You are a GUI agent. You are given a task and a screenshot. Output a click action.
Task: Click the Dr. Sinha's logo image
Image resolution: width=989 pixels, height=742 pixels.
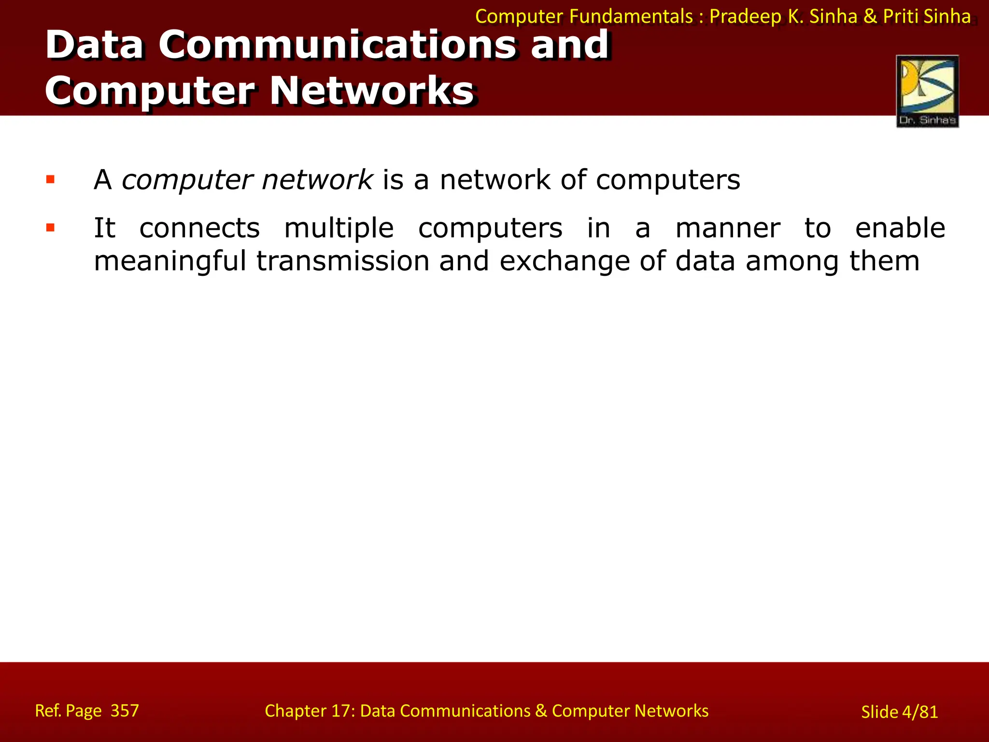[927, 91]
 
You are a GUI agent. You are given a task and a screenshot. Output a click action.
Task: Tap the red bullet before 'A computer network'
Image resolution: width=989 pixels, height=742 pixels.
[50, 180]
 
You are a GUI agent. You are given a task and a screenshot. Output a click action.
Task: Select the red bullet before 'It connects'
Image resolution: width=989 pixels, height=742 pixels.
[50, 228]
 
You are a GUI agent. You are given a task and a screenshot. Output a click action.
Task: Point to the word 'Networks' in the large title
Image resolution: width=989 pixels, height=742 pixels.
[371, 91]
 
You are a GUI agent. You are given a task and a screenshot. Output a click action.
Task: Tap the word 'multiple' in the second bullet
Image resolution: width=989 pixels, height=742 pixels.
[339, 229]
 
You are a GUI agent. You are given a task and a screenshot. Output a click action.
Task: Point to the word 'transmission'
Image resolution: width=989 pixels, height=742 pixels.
[342, 261]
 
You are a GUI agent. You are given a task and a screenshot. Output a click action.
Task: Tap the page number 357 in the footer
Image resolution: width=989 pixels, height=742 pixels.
[125, 711]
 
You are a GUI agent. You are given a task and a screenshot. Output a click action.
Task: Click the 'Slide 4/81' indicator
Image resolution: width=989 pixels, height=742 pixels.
[899, 712]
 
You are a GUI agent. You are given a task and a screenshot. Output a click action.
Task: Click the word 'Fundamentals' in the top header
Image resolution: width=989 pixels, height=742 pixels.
[631, 16]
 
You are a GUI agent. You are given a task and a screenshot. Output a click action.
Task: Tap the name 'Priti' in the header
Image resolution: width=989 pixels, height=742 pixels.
[901, 16]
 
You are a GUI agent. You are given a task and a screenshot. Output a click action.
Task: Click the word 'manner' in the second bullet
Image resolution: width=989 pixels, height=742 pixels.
[727, 228]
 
